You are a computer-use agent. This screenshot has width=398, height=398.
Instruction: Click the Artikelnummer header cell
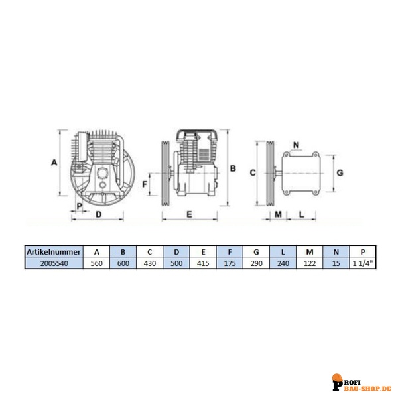click(54, 252)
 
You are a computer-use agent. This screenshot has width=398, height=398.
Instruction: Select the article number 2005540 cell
click(54, 263)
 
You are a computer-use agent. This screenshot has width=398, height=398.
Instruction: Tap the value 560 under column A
click(96, 263)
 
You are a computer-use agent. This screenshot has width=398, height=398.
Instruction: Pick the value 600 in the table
click(123, 263)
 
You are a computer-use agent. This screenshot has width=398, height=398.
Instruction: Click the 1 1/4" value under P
click(363, 263)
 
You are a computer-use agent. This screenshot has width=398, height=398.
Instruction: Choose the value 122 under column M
click(310, 263)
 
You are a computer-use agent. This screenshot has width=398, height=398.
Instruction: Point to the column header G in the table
click(256, 252)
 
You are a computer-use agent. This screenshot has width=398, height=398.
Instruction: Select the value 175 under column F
click(230, 263)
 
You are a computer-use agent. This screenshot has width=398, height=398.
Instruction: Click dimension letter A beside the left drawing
click(54, 163)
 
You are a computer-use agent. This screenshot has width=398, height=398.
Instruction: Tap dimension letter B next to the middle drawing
click(233, 168)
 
